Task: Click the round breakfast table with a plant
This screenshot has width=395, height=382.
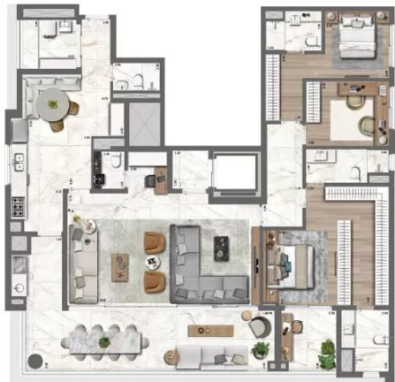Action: tap(56, 103)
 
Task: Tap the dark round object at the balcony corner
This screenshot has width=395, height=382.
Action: tap(35, 362)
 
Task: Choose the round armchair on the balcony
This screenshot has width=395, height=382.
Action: tap(260, 327)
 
